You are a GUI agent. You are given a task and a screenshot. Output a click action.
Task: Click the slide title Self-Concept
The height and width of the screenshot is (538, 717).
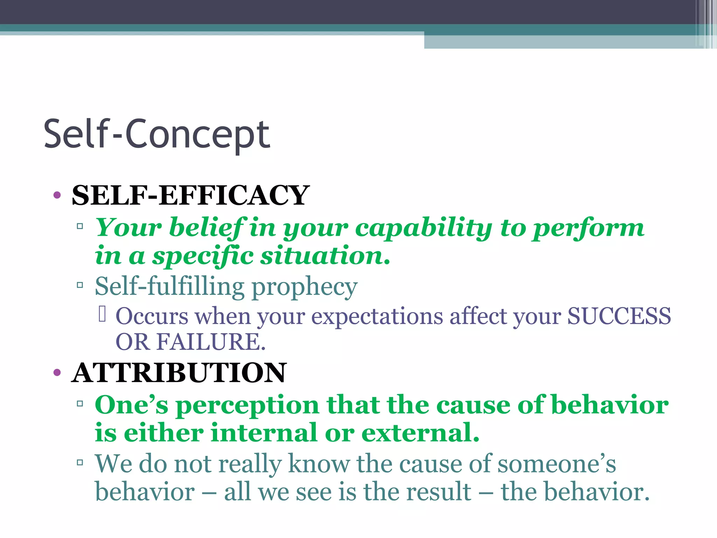point(156,134)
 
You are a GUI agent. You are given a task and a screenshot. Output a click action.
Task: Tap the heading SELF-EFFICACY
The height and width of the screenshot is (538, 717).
point(190,195)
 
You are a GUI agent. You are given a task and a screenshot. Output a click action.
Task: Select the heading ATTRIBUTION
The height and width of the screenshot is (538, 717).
point(179,373)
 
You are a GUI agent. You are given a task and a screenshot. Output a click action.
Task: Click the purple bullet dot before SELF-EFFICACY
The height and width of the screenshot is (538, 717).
point(57,195)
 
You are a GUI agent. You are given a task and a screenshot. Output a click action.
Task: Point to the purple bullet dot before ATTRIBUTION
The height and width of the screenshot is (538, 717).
point(57,373)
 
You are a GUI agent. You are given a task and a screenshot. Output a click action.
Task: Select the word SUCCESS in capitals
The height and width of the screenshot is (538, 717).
point(619,316)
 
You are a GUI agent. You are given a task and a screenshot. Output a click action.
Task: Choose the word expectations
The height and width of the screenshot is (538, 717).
point(377,316)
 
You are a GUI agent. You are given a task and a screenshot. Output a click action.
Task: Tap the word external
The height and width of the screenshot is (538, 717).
point(420,433)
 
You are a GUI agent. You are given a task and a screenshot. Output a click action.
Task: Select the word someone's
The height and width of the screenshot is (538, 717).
point(556,464)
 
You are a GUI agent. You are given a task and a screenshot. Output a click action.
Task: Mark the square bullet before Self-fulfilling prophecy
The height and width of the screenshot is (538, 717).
point(80,285)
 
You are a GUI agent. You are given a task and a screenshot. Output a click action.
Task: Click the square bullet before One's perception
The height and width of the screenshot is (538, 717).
point(80,404)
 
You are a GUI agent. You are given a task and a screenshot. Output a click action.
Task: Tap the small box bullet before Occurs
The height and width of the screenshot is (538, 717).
point(102,314)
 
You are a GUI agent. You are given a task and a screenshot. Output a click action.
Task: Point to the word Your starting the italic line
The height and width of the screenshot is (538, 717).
point(128,228)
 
